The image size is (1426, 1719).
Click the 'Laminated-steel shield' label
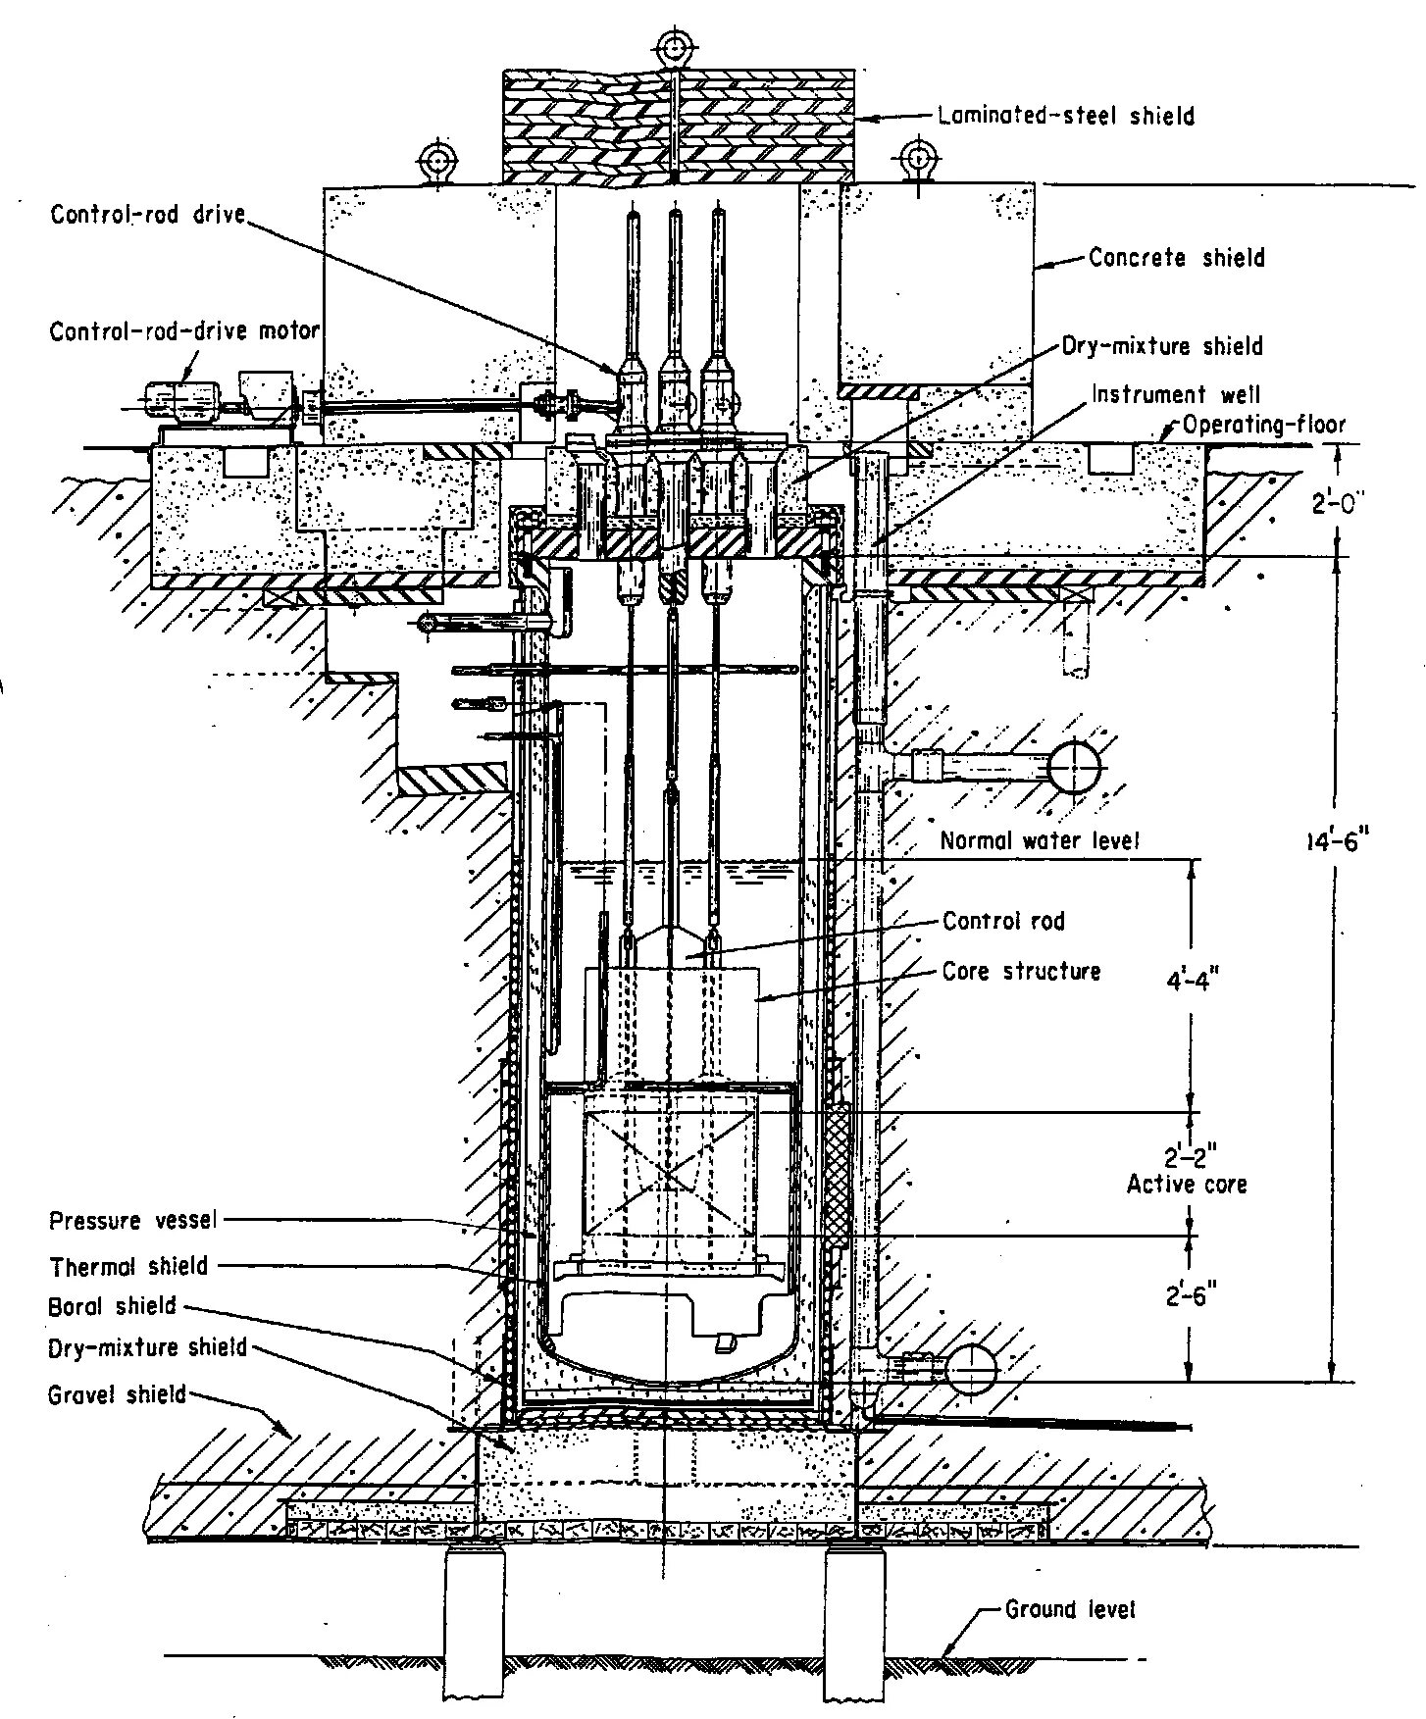(1066, 116)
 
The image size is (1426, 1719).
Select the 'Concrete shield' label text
(1177, 258)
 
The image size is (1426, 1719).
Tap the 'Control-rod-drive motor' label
(184, 331)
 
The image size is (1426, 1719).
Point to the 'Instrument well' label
(1176, 394)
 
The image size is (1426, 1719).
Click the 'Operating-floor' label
(1263, 425)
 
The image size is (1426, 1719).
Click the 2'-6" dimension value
(1191, 1296)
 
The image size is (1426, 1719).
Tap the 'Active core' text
(1187, 1184)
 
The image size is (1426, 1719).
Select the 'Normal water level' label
(1040, 840)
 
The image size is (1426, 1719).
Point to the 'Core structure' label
(1021, 971)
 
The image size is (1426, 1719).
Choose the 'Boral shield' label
(112, 1306)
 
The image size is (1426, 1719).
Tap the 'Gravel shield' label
(117, 1393)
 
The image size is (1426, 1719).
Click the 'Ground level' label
(1070, 1609)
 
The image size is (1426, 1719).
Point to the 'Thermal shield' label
(128, 1265)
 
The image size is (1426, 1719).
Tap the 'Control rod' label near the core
(1003, 921)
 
